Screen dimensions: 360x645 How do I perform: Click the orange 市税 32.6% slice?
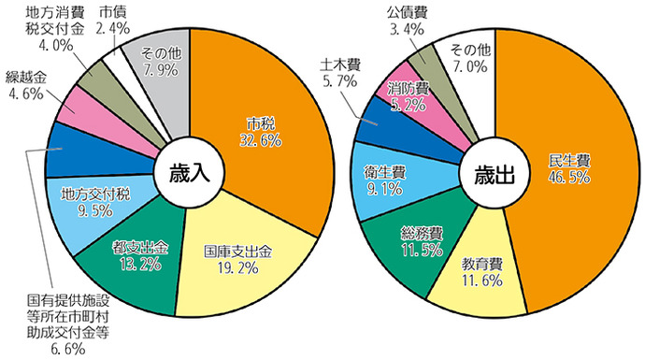(x=266, y=131)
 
